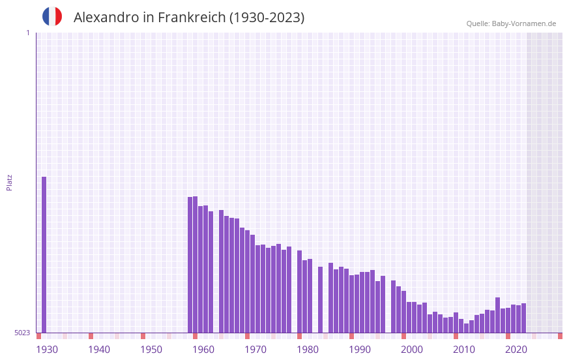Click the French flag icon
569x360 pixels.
tap(52, 16)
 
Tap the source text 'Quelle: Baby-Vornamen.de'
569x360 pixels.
tap(510, 23)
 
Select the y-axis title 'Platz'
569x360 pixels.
tap(9, 182)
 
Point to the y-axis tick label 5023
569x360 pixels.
tap(22, 333)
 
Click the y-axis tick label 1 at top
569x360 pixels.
tap(27, 33)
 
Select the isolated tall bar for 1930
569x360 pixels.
tap(44, 254)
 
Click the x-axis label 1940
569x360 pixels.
tap(99, 350)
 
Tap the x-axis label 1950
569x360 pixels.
tap(151, 350)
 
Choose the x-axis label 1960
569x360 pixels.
tap(203, 350)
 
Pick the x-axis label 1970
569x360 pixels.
tap(255, 350)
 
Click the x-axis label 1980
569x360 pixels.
tap(308, 350)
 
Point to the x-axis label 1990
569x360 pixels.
tap(360, 350)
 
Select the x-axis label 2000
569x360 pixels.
tap(412, 350)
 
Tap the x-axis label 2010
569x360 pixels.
tap(464, 350)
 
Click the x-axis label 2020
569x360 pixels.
tap(516, 350)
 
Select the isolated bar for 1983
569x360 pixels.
tap(320, 299)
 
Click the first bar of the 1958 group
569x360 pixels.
tap(190, 265)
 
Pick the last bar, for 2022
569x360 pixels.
tap(523, 318)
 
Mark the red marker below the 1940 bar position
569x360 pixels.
tap(91, 336)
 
